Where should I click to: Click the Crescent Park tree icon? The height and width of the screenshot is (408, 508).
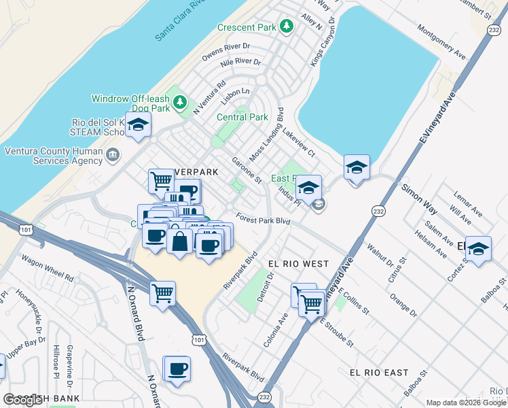(287, 26)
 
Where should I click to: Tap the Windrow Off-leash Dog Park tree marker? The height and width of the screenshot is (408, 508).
(179, 103)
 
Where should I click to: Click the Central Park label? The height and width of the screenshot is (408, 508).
(242, 117)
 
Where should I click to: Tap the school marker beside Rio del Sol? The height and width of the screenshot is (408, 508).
(138, 125)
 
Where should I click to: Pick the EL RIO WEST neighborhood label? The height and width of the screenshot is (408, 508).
(298, 263)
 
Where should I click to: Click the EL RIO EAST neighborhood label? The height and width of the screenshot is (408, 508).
(379, 373)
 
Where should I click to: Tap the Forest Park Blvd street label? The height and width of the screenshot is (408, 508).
(263, 220)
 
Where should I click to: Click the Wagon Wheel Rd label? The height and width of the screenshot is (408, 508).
(47, 268)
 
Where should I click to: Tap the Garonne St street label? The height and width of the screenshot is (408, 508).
(247, 171)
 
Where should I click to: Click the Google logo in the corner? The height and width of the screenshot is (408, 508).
(23, 400)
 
